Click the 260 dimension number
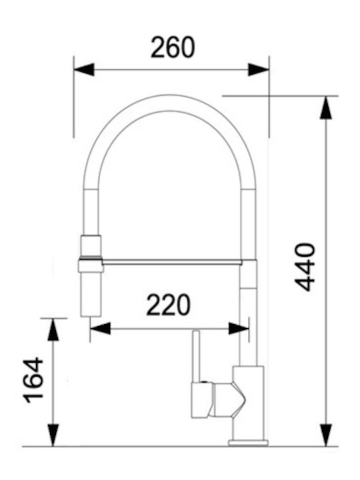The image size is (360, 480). [x=173, y=47]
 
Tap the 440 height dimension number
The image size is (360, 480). [x=305, y=267]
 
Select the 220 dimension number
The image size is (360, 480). [x=168, y=305]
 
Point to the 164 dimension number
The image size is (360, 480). [x=33, y=380]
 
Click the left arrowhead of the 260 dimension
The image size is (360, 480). [x=84, y=70]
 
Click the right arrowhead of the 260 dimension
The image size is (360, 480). [x=259, y=70]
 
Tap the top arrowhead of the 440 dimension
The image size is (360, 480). [x=326, y=107]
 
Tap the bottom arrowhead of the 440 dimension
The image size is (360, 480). [x=326, y=435]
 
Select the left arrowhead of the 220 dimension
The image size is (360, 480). [x=101, y=329]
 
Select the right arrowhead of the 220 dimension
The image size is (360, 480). [x=239, y=329]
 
